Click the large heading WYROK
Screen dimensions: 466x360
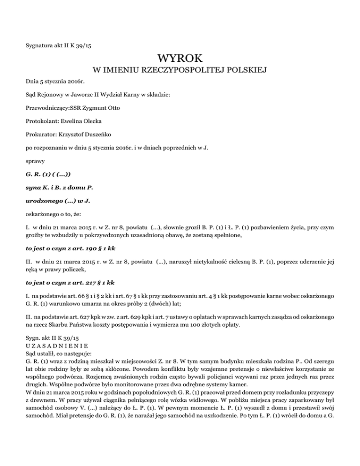(x=180, y=59)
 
